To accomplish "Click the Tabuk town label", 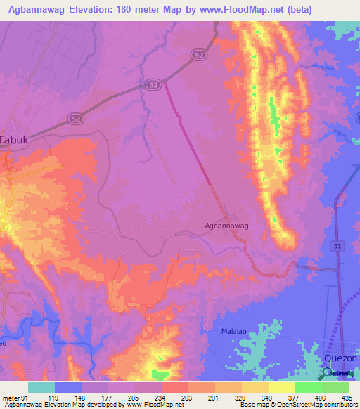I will pyautogui.click(x=14, y=139).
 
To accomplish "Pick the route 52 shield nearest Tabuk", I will pyautogui.click(x=76, y=119).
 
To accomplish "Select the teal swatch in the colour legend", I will pyautogui.click(x=41, y=387).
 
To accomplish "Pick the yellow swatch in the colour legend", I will pyautogui.click(x=281, y=387).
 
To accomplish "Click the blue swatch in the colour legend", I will pyautogui.click(x=68, y=387).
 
